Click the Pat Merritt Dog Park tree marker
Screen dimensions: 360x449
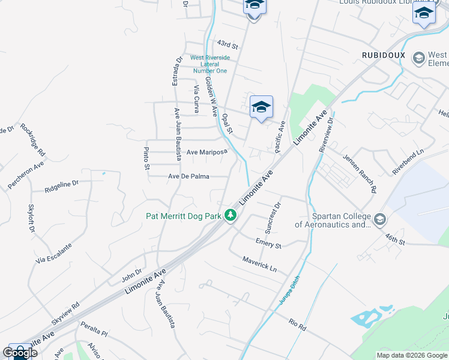[230, 215]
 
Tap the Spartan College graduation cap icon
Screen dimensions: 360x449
[379, 220]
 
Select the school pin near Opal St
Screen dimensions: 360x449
[261, 107]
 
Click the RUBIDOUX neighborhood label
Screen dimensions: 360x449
[384, 55]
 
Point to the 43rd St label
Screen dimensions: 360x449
[228, 44]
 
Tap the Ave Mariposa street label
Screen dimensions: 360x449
[206, 152]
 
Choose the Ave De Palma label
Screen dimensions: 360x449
[190, 176]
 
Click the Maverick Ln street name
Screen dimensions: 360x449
[259, 264]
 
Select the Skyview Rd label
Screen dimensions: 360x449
[65, 313]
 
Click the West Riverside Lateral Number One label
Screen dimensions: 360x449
[209, 64]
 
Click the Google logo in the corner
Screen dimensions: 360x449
[20, 353]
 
